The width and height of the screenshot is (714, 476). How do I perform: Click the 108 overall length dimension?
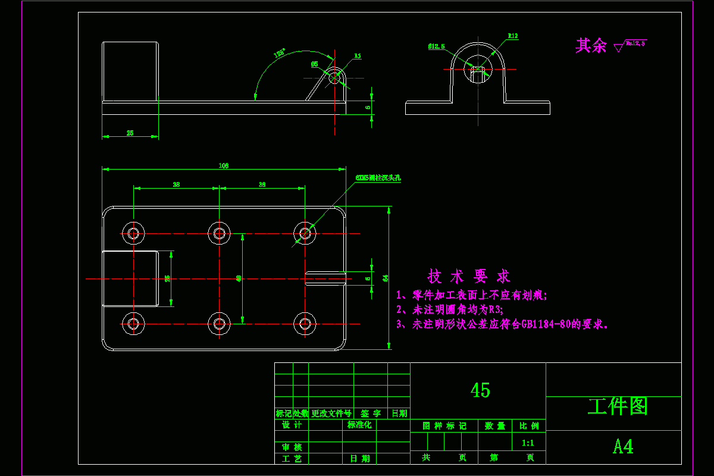224,166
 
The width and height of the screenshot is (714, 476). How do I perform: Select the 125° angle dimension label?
279,53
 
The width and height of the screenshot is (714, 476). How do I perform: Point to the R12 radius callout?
512,36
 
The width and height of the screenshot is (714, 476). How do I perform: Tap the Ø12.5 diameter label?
436,46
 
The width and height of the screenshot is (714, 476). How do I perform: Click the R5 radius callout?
358,56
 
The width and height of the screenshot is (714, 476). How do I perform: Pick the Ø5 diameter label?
314,64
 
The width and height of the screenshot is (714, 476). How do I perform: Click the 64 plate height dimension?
386,278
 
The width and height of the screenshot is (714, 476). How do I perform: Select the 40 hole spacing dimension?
239,278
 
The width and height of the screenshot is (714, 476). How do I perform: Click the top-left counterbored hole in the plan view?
133,233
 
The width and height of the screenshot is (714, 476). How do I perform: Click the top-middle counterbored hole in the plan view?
220,233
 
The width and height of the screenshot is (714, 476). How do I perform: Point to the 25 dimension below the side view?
130,133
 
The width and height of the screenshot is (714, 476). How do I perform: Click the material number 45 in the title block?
480,390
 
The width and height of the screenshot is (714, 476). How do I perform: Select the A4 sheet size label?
623,446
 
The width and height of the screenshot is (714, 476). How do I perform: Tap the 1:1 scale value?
528,443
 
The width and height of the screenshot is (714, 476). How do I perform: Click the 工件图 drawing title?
618,406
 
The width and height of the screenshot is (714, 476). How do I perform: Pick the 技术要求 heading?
469,276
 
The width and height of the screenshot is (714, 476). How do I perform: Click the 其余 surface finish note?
590,45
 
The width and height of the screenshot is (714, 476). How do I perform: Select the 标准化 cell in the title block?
359,425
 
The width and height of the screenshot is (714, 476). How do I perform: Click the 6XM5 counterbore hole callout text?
378,178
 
